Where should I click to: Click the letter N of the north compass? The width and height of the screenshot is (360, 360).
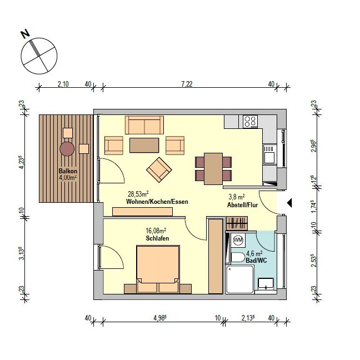click(x=26, y=34)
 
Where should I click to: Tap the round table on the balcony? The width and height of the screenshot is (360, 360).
click(x=67, y=149)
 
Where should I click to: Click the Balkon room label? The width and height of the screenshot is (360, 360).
click(x=68, y=171)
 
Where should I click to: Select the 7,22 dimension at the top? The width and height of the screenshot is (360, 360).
click(x=187, y=84)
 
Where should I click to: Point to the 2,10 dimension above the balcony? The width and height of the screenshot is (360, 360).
click(x=63, y=84)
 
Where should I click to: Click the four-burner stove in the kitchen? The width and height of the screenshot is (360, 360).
click(x=250, y=122)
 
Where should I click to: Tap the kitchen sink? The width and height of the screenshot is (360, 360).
click(x=269, y=154)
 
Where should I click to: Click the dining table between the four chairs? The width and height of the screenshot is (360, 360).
click(x=213, y=168)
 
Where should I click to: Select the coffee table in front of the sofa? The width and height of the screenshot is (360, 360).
click(x=144, y=145)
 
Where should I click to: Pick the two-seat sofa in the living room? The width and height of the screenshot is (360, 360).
click(x=144, y=125)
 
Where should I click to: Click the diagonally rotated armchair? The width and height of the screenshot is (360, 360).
click(x=159, y=169)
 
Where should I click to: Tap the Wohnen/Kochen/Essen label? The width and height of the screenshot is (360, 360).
click(x=157, y=202)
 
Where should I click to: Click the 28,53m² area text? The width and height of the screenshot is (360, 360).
click(x=138, y=194)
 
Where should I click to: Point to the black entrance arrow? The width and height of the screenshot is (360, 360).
click(x=290, y=203)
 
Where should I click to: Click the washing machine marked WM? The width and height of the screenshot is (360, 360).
click(x=238, y=240)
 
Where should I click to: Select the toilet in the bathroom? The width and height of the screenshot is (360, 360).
click(x=238, y=258)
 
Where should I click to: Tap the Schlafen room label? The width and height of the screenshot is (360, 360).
click(x=158, y=238)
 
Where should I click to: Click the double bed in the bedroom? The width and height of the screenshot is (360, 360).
click(x=158, y=269)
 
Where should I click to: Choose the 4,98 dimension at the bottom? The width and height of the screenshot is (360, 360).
click(x=160, y=318)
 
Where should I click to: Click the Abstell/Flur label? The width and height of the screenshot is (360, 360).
click(x=242, y=205)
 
